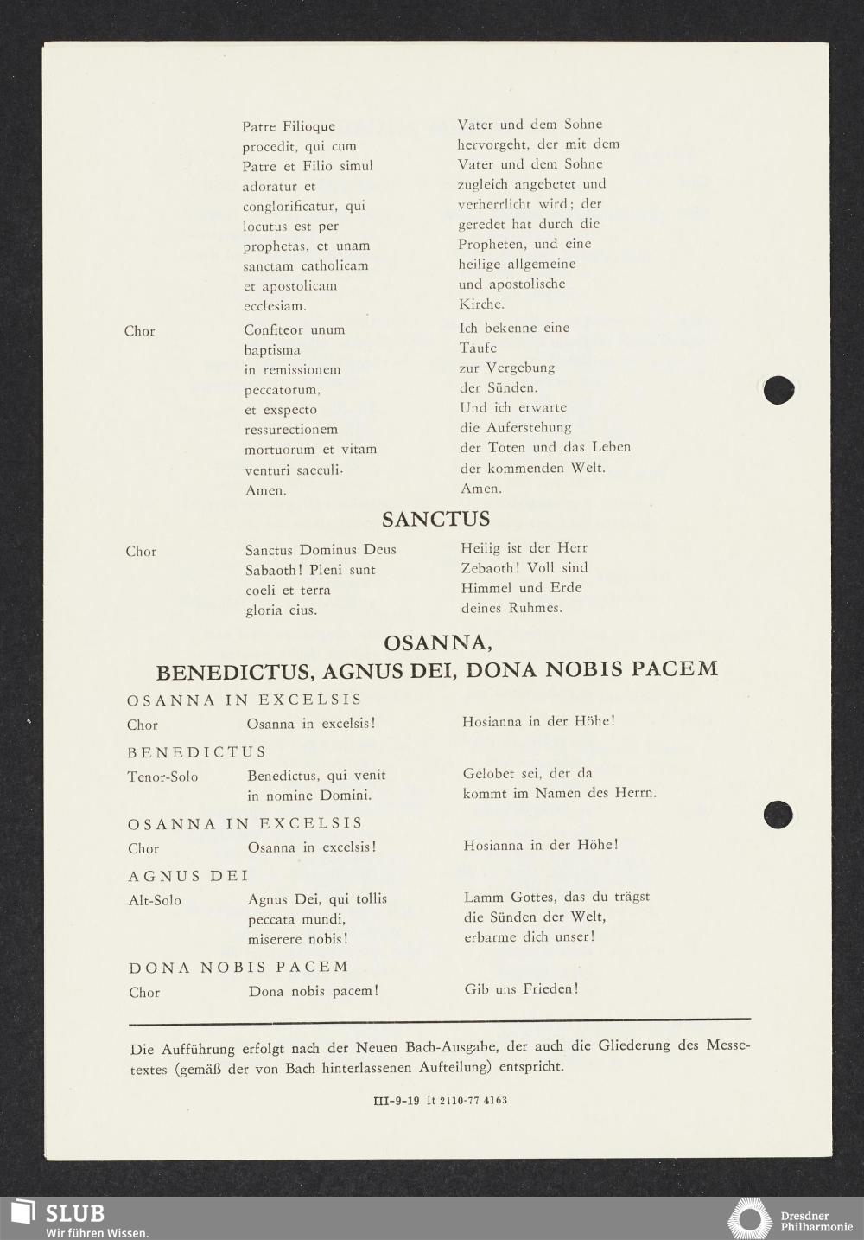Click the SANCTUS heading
[x=435, y=519]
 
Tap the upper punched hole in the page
[x=778, y=390]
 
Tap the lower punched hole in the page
[x=778, y=815]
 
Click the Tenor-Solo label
[x=162, y=777]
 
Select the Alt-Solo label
[x=155, y=900]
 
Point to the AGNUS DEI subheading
[x=188, y=876]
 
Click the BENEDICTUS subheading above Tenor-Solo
[x=197, y=752]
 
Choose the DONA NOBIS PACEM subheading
[x=238, y=967]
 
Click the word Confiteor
[x=273, y=329]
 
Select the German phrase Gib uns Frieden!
[x=521, y=988]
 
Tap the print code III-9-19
[x=396, y=1101]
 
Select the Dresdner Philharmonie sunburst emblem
[x=749, y=1219]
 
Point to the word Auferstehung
[x=528, y=427]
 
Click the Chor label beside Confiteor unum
[x=139, y=331]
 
